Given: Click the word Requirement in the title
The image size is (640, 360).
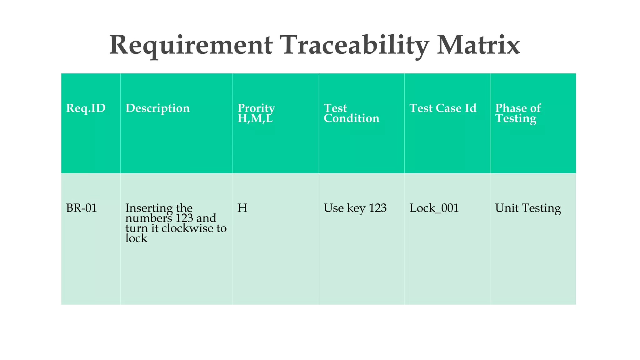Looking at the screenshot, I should pyautogui.click(x=191, y=45).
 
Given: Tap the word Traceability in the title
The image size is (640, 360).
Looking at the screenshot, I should pyautogui.click(x=354, y=45).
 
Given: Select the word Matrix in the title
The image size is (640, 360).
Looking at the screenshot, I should pyautogui.click(x=478, y=45).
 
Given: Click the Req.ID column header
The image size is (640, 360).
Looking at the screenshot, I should pyautogui.click(x=86, y=108).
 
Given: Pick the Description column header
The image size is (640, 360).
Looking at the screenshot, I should pyautogui.click(x=157, y=108).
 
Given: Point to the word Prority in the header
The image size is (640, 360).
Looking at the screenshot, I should pyautogui.click(x=256, y=108).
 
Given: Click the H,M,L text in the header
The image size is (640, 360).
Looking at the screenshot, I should pyautogui.click(x=255, y=118).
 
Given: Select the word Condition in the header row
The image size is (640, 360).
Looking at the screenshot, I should pyautogui.click(x=351, y=118).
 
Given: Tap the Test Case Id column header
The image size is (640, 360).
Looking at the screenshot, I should pyautogui.click(x=443, y=108).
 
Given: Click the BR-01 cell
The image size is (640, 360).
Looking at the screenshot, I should pyautogui.click(x=82, y=208).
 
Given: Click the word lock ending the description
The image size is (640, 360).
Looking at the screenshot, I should pyautogui.click(x=136, y=238).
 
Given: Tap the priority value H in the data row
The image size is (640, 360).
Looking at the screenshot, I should pyautogui.click(x=242, y=208).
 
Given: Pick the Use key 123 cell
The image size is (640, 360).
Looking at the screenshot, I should pyautogui.click(x=355, y=208).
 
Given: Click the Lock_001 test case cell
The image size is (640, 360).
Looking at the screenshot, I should pyautogui.click(x=434, y=208).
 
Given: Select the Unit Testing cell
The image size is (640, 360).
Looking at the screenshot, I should pyautogui.click(x=528, y=208).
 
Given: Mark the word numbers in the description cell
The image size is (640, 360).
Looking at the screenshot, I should pyautogui.click(x=148, y=218).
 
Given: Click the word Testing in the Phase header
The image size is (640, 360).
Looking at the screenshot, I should pyautogui.click(x=516, y=118).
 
